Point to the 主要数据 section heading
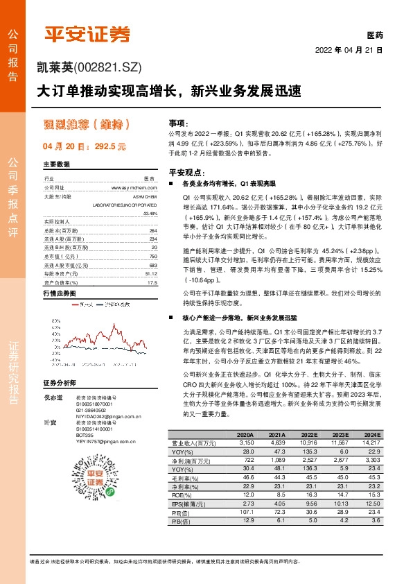(x=57, y=165)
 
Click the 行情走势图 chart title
(x=60, y=294)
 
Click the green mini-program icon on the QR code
(x=91, y=491)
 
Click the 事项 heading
(x=178, y=121)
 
